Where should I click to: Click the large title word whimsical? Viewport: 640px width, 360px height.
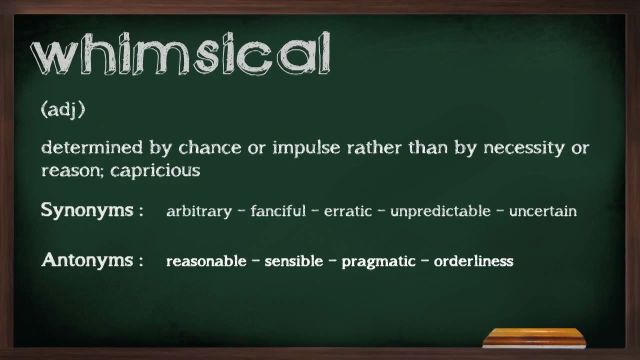pos(180,54)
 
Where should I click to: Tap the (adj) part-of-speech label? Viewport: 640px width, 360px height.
pos(63,109)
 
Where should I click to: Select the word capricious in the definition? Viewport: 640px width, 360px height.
pos(155,170)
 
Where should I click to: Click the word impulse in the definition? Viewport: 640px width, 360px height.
pos(306,148)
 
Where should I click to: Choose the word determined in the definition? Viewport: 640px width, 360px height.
pos(92,147)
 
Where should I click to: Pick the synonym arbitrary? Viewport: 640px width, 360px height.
pos(199,211)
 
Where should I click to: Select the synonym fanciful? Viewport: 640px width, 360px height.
pos(278,211)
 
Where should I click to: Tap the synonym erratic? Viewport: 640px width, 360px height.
pos(348,211)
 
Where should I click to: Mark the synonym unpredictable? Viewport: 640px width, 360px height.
pos(440,211)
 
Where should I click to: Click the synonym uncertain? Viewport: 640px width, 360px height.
pos(542,211)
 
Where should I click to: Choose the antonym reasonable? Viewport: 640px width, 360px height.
pos(206,261)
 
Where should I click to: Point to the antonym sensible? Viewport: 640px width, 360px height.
pos(293,261)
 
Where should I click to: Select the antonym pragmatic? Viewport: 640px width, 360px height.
pos(378,261)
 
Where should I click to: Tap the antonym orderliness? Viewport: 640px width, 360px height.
pos(473,261)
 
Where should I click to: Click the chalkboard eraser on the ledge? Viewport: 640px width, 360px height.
pos(534,338)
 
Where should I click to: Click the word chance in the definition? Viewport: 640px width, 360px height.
pos(210,147)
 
